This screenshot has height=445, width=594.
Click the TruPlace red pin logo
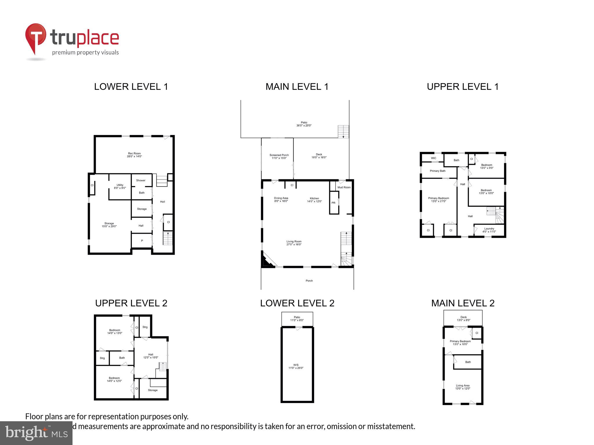click(x=35, y=38)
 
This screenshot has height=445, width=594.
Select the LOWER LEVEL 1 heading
click(x=131, y=87)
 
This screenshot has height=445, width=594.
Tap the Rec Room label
click(x=134, y=155)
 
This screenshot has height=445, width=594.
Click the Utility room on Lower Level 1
click(x=120, y=186)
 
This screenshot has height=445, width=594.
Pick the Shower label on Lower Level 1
click(x=141, y=180)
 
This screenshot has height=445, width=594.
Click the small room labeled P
click(x=142, y=241)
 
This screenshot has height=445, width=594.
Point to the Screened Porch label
click(x=279, y=156)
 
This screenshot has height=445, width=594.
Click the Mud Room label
click(x=344, y=187)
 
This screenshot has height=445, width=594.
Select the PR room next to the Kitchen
click(x=334, y=203)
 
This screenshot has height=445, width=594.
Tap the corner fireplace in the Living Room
click(x=267, y=261)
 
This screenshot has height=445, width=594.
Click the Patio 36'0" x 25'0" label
click(x=304, y=124)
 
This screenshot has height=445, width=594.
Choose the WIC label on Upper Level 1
click(x=433, y=158)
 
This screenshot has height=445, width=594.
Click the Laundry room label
click(x=489, y=230)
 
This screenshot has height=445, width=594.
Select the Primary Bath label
click(x=437, y=171)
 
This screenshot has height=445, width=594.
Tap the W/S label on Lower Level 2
click(x=296, y=366)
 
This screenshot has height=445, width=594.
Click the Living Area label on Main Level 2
click(x=463, y=387)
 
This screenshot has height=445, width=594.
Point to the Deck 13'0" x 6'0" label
click(x=463, y=319)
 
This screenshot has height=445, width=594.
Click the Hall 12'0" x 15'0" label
click(x=151, y=356)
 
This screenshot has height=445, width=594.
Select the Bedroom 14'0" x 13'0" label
click(x=115, y=331)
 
